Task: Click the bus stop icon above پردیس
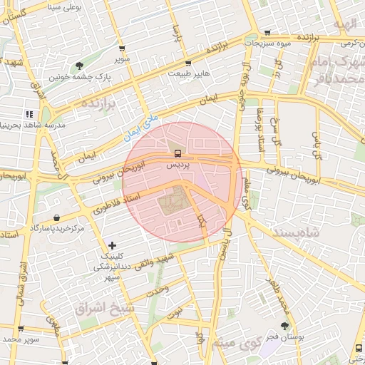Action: [x=176, y=153]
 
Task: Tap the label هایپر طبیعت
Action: [x=189, y=73]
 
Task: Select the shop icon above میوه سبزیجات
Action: [x=267, y=32]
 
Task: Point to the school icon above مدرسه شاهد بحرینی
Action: [x=29, y=113]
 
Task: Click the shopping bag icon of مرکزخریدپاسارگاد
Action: [x=56, y=217]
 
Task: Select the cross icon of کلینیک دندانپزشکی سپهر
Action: [x=111, y=245]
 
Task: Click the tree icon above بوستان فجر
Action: [x=285, y=325]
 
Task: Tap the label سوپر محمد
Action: [x=19, y=339]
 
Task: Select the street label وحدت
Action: [x=157, y=290]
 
